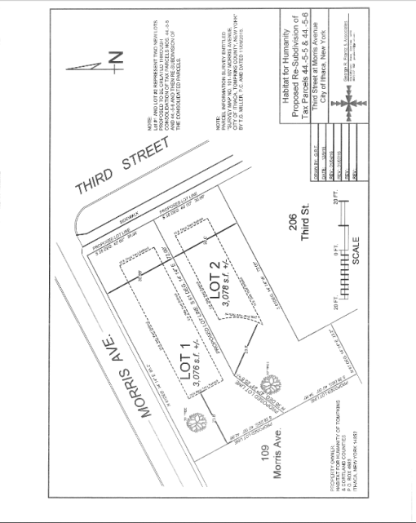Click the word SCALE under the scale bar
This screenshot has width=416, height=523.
coord(356,251)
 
